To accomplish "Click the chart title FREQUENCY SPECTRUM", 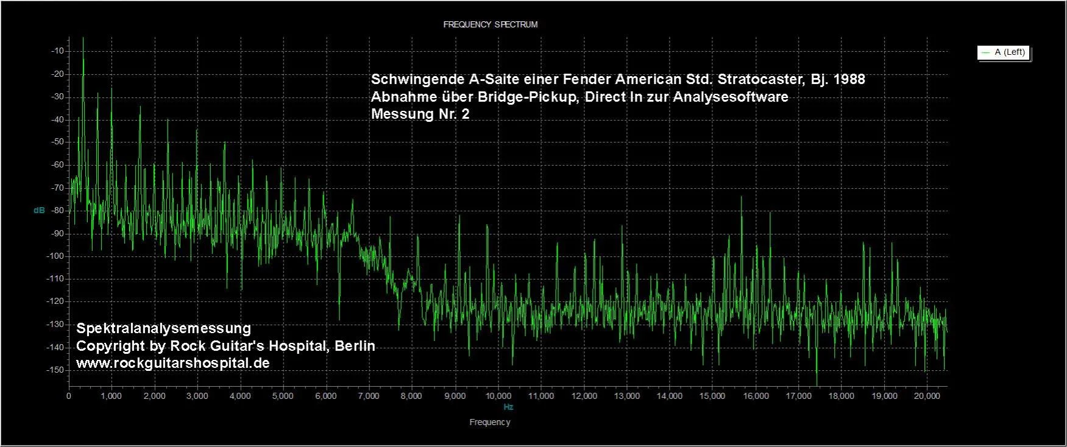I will pos(490,24).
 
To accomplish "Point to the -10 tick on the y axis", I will pos(57,51).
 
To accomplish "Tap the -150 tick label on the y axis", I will pos(55,370).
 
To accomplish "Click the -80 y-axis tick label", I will pos(57,211).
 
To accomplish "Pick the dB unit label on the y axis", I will pos(39,211).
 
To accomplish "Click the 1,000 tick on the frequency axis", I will pos(111,396).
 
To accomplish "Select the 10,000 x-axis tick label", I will pos(498,396).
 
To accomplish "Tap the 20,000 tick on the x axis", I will pos(927,396).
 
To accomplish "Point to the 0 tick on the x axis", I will pos(69,396).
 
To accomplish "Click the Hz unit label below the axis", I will pos(508,407).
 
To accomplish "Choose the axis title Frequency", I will pos(490,422).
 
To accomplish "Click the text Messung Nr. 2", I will pos(420,114).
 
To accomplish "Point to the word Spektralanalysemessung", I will pos(163,328).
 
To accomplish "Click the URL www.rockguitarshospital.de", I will pos(172,363).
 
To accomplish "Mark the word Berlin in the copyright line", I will pos(355,346).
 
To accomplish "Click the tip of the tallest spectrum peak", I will pos(83,38).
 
